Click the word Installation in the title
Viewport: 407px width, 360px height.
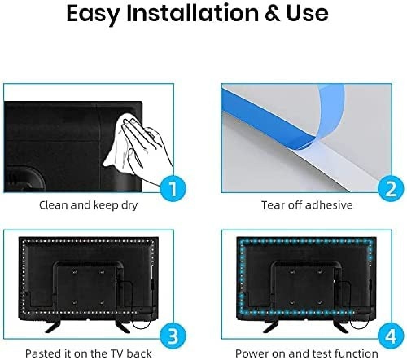(x=193, y=13)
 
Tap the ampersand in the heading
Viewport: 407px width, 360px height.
(x=273, y=13)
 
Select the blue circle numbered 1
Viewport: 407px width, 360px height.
(x=173, y=188)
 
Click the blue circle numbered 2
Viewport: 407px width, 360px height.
(x=391, y=188)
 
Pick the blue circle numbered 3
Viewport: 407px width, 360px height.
(x=173, y=335)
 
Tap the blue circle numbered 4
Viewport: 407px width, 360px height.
(x=391, y=335)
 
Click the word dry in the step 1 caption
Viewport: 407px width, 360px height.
(x=129, y=206)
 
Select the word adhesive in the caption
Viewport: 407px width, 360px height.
(x=329, y=205)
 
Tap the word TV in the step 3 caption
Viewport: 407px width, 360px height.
(x=114, y=353)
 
